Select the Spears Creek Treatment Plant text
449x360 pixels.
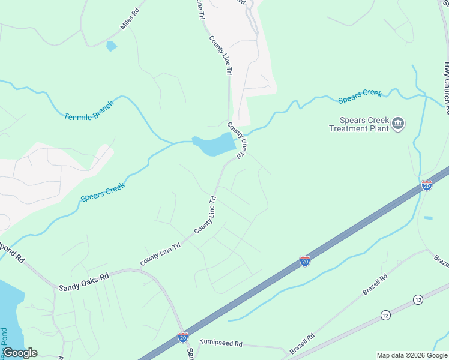point(358,124)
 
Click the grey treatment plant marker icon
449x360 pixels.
point(397,124)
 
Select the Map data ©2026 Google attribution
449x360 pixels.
point(411,355)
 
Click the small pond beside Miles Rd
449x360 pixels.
point(111,45)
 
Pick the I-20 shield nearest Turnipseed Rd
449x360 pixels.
point(183,337)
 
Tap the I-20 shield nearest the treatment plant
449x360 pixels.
point(426,185)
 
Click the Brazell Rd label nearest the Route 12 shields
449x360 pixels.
point(376,285)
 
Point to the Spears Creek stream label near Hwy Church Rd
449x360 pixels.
point(360,95)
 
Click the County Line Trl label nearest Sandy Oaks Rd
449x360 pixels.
point(160,254)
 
